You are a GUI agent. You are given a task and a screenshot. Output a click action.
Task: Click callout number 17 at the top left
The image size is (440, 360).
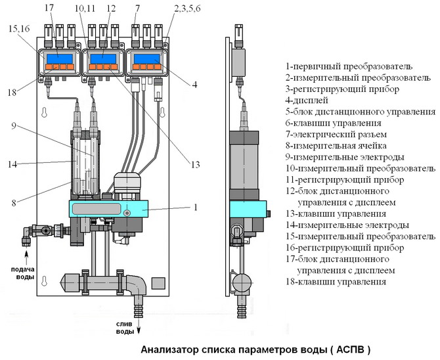pos(49,9)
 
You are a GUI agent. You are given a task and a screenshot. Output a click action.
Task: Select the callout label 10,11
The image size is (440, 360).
pos(84,9)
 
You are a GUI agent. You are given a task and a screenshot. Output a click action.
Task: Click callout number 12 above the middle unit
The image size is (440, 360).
pos(110,9)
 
